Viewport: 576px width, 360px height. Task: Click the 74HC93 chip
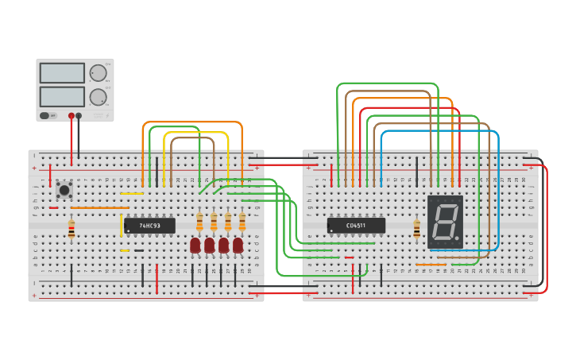click(x=149, y=226)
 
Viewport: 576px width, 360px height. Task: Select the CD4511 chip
click(x=356, y=226)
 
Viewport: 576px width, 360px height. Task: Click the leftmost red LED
click(x=195, y=246)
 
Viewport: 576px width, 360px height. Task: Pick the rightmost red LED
click(x=238, y=246)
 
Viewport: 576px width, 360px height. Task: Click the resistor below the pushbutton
click(x=72, y=230)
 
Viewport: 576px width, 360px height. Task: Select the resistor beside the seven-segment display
click(x=417, y=229)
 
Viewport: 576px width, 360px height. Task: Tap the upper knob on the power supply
click(x=99, y=73)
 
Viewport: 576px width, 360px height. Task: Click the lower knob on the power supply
click(x=99, y=97)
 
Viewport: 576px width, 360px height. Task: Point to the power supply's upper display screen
click(x=62, y=73)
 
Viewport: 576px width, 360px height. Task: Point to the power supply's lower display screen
click(x=62, y=97)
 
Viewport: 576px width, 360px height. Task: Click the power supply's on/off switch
click(x=48, y=115)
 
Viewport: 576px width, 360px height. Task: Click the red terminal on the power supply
click(x=72, y=116)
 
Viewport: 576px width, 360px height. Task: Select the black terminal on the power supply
click(x=79, y=116)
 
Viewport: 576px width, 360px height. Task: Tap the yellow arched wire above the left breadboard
click(x=196, y=134)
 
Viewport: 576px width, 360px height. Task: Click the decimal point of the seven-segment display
click(x=458, y=240)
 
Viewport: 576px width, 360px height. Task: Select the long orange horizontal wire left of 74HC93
click(x=99, y=208)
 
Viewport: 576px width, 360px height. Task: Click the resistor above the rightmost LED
click(x=242, y=221)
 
